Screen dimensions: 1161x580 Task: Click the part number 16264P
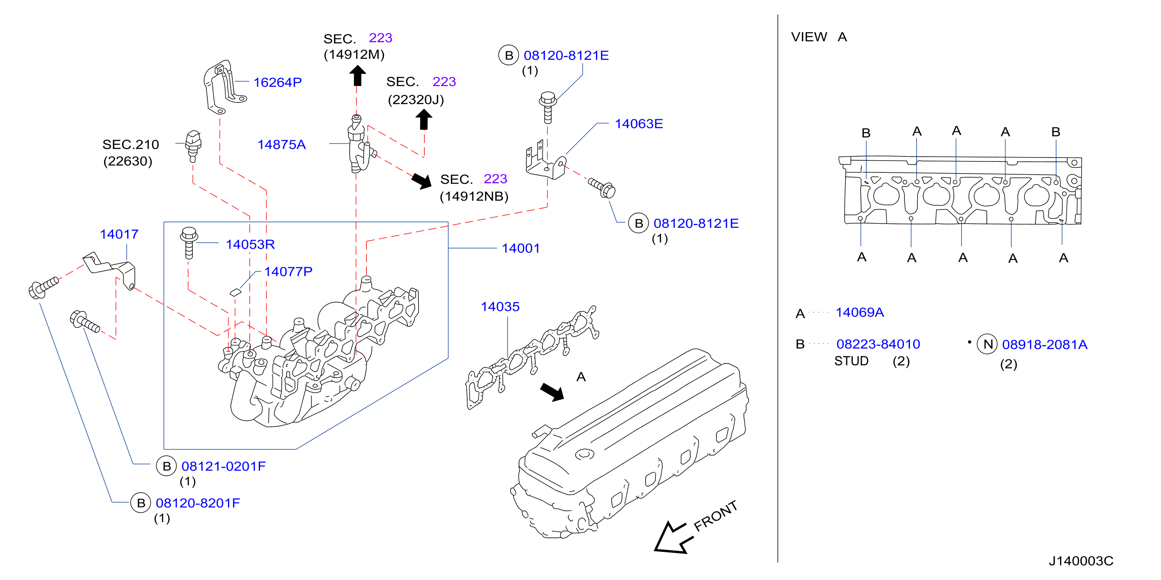(277, 82)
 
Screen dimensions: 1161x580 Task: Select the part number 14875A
(281, 145)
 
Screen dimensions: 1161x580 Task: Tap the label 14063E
(639, 124)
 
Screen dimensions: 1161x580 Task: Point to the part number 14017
(119, 234)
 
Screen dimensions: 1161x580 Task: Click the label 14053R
(250, 245)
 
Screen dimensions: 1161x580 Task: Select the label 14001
(520, 248)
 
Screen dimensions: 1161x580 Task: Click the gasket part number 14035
(500, 307)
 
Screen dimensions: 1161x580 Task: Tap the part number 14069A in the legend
(860, 313)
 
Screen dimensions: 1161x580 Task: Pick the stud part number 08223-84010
(878, 344)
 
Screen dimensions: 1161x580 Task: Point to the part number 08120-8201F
(198, 503)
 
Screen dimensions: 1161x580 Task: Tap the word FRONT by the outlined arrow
(715, 516)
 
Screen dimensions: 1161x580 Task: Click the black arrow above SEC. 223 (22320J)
(423, 119)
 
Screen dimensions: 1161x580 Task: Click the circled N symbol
(987, 344)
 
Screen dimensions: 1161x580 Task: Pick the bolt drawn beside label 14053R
(189, 243)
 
